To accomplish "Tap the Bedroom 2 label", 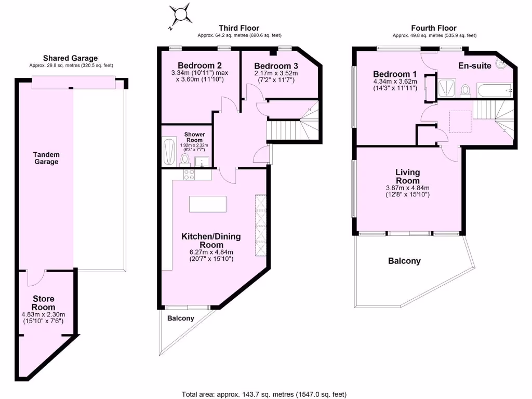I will point(200,65).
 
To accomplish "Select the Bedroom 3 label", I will point(276,66).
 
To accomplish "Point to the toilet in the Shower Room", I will point(185,159).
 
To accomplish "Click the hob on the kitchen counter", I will point(189,175).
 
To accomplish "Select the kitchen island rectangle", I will point(208,204).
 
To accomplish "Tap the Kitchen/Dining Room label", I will point(211,241).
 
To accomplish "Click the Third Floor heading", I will point(239,28).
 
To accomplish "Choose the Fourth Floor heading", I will point(434,28).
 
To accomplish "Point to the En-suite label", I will point(475,66).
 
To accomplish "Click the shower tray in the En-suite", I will point(447,88).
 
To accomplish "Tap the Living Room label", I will point(408,176).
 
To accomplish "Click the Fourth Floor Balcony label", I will point(404,261).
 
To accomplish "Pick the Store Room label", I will point(44,303).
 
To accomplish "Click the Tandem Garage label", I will point(46,158).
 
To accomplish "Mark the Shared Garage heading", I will point(70,58).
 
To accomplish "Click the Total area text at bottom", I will point(264,394).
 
